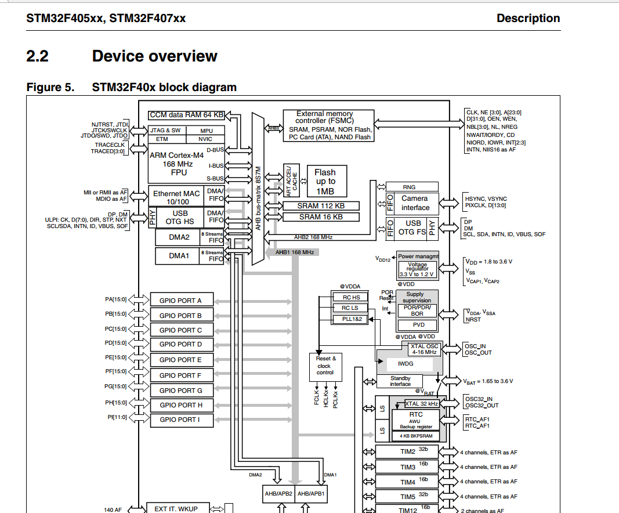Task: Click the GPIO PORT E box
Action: (180, 360)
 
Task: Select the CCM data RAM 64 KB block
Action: (187, 115)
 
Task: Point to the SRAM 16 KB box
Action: (321, 217)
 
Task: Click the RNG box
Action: (412, 187)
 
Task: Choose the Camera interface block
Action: (415, 203)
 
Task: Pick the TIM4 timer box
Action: (408, 482)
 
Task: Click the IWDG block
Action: (405, 364)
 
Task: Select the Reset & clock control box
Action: (324, 366)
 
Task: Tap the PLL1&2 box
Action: (350, 319)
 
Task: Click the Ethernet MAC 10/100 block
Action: (176, 197)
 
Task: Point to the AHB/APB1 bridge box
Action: (311, 494)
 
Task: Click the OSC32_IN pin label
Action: (478, 399)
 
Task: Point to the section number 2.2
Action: (37, 56)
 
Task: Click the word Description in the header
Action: (528, 18)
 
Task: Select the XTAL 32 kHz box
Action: (422, 403)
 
